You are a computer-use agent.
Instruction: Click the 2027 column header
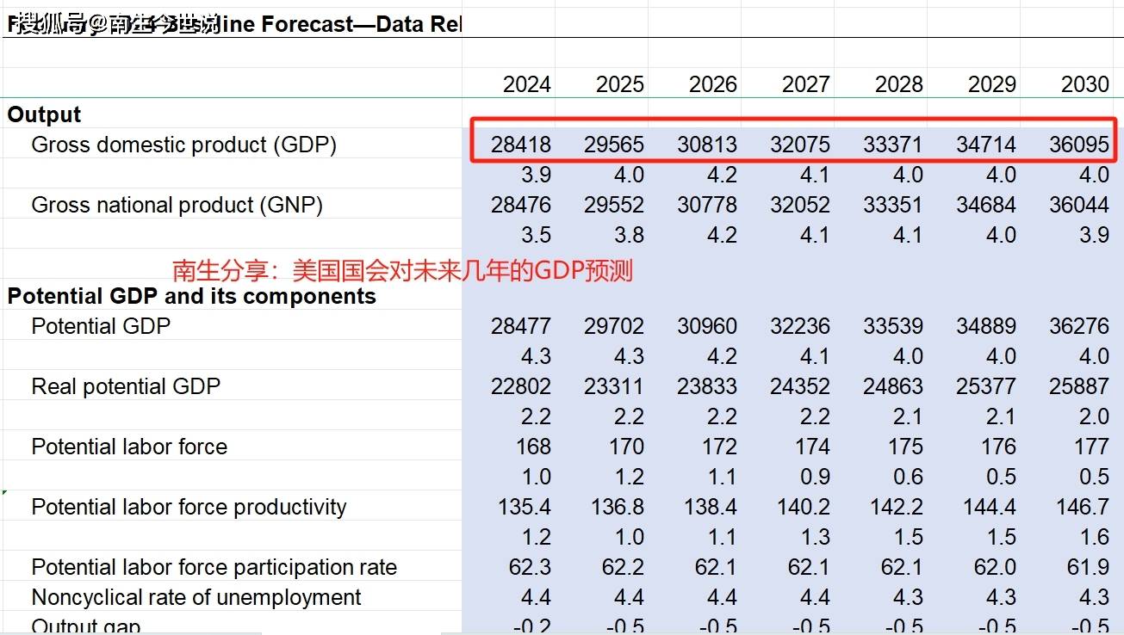(805, 84)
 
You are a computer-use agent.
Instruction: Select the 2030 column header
(1084, 84)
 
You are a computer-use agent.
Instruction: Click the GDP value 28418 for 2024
(521, 145)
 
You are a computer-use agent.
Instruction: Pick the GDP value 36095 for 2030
(1078, 145)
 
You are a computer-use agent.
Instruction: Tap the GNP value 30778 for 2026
(707, 205)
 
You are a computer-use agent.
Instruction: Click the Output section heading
(44, 114)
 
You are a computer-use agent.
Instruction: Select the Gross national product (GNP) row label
(177, 205)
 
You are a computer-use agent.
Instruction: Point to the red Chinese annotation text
(402, 271)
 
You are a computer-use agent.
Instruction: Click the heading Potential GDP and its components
(192, 296)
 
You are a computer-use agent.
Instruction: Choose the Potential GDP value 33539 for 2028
(892, 326)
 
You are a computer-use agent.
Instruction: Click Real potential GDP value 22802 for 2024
(521, 386)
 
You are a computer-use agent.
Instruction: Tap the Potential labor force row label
(129, 447)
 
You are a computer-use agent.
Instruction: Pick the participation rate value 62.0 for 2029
(991, 567)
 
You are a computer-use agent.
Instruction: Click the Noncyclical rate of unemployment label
(196, 597)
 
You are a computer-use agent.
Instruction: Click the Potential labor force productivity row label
(189, 507)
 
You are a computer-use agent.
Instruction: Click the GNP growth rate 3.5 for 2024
(536, 235)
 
